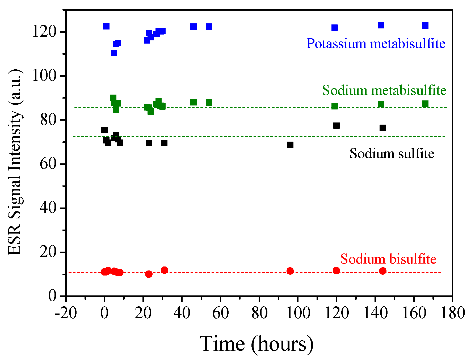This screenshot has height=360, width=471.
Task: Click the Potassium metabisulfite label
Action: (376, 44)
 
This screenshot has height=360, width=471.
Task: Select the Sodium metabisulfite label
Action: (384, 90)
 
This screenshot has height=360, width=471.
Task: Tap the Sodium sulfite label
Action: (392, 154)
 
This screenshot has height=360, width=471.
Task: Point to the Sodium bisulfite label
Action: (388, 259)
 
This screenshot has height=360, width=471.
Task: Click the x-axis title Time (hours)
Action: (256, 344)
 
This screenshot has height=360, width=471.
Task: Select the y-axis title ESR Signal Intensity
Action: (15, 162)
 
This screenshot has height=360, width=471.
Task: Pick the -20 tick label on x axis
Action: (66, 313)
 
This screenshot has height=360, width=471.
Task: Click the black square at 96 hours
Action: (290, 145)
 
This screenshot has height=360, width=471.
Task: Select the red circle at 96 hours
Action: (290, 271)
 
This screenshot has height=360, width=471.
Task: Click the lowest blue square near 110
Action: (114, 53)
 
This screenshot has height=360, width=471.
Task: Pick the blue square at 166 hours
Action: (425, 26)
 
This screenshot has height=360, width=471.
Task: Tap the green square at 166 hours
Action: (425, 104)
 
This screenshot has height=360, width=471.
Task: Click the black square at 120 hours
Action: (337, 126)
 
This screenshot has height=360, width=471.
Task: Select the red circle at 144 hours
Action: (383, 271)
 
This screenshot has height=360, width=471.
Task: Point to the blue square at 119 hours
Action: (335, 28)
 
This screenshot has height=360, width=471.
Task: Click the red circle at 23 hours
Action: (149, 274)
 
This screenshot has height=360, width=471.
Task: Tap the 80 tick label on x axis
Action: (259, 313)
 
